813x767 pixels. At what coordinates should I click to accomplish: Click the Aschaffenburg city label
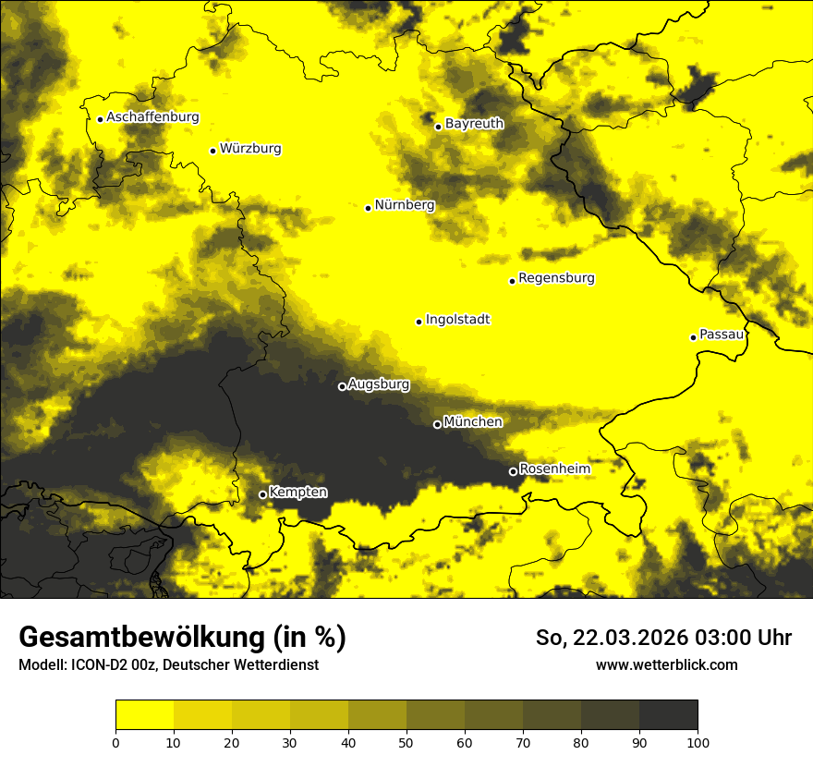tap(152, 117)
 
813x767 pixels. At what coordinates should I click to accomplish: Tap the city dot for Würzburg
tap(212, 151)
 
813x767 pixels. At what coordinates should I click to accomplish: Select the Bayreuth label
tap(474, 124)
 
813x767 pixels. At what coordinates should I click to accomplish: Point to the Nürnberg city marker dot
tap(368, 208)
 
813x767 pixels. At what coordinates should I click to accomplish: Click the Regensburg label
tap(556, 278)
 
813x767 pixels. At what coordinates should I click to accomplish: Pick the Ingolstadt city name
tap(457, 320)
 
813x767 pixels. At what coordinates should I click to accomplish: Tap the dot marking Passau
tap(693, 337)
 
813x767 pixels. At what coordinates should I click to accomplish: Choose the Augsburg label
tap(379, 384)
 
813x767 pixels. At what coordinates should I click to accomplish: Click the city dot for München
tap(437, 425)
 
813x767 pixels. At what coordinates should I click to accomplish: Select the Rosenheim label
tap(554, 469)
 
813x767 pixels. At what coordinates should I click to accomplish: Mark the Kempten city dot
tap(262, 494)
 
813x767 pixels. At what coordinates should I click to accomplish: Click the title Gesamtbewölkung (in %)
tap(182, 638)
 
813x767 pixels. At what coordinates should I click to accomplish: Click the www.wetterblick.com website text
tap(666, 664)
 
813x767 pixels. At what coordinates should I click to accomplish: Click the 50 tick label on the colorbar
tap(406, 742)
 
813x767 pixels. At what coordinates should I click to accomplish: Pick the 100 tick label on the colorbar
tap(697, 742)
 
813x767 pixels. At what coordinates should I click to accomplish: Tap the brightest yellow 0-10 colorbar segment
tap(145, 715)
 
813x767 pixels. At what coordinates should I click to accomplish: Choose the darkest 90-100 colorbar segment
tap(668, 715)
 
